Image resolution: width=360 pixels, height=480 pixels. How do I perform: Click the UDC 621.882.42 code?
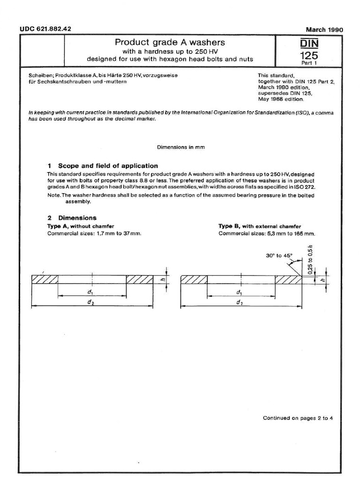45,29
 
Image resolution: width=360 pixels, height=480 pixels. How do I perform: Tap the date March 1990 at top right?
324,30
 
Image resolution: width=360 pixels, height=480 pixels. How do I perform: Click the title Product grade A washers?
170,42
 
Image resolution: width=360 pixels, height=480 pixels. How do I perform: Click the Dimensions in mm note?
180,147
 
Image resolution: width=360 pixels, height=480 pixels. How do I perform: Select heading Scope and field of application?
108,166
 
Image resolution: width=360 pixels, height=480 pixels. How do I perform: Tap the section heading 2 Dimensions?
72,218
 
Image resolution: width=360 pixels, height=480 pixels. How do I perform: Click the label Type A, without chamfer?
81,226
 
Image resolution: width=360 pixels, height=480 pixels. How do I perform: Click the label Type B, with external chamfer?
259,226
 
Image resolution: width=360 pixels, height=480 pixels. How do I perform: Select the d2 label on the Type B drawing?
240,303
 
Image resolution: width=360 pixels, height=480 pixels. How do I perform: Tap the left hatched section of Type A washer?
45,279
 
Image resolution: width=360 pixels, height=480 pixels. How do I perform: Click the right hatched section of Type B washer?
288,279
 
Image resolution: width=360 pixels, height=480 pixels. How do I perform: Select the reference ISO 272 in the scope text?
303,186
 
